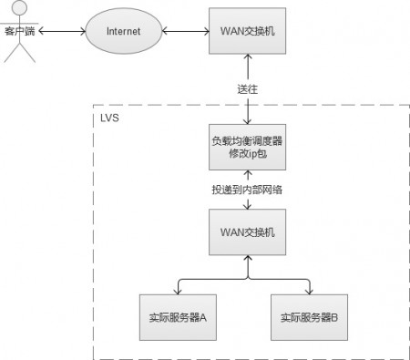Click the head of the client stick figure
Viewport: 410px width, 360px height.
[x=20, y=7]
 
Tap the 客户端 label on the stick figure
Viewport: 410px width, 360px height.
[x=20, y=31]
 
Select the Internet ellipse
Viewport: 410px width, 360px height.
[x=124, y=31]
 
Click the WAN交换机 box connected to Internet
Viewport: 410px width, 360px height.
[x=247, y=31]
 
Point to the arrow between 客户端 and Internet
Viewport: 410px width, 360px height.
[x=62, y=31]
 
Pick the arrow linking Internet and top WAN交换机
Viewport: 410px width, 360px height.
[x=186, y=31]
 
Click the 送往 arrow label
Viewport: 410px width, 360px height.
[x=248, y=89]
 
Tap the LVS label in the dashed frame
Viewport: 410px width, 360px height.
[x=109, y=118]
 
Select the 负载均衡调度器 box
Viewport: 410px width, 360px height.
[x=247, y=147]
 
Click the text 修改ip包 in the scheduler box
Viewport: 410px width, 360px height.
[x=248, y=154]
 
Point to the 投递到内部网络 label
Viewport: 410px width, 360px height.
[x=247, y=190]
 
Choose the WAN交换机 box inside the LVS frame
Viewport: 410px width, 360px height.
[x=247, y=232]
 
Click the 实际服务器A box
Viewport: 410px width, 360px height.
[x=178, y=317]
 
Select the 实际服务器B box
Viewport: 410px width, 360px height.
[x=309, y=317]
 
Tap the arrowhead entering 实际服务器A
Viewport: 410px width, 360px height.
[x=178, y=292]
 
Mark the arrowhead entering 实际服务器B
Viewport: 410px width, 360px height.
[x=309, y=292]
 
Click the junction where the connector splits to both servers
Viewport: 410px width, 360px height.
[x=248, y=279]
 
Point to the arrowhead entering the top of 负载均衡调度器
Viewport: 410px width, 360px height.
[x=248, y=121]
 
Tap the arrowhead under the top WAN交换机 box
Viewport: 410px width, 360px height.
[x=248, y=57]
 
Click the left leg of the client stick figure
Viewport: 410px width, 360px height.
[x=12, y=53]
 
